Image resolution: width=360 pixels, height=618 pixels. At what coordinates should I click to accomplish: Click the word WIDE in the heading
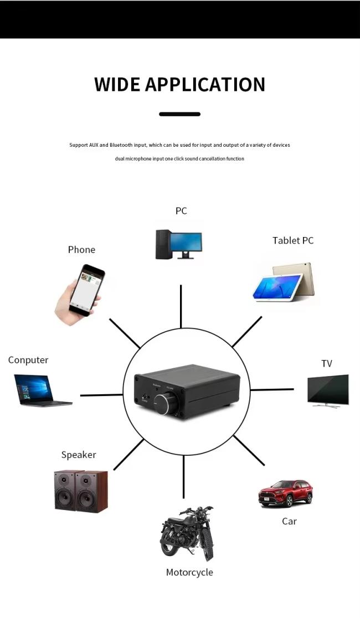pyautogui.click(x=117, y=85)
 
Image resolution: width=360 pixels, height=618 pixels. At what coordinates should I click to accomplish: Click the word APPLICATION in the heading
pyautogui.click(x=205, y=85)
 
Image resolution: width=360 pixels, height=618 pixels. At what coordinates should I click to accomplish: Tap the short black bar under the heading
pyautogui.click(x=179, y=114)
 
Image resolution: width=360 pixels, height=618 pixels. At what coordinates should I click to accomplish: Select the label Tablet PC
pyautogui.click(x=293, y=240)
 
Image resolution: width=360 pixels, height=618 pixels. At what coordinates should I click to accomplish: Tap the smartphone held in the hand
pyautogui.click(x=86, y=290)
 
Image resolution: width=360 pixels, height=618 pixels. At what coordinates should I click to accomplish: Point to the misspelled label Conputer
pyautogui.click(x=28, y=360)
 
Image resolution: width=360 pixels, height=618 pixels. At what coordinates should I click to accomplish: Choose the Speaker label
pyautogui.click(x=79, y=455)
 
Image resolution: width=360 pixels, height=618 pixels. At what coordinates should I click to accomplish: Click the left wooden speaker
pyautogui.click(x=69, y=490)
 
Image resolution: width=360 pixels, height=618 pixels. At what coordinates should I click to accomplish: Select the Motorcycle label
pyautogui.click(x=189, y=572)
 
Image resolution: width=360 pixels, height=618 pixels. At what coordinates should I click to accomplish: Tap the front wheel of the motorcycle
pyautogui.click(x=206, y=545)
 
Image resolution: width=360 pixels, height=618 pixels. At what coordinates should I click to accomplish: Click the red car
pyautogui.click(x=285, y=493)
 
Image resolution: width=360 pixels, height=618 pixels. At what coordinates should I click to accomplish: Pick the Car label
pyautogui.click(x=289, y=521)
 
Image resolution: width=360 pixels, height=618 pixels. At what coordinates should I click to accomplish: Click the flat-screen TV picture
pyautogui.click(x=328, y=390)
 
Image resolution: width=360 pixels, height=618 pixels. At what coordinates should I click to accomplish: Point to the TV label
pyautogui.click(x=327, y=364)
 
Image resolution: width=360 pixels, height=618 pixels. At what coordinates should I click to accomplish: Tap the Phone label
pyautogui.click(x=81, y=250)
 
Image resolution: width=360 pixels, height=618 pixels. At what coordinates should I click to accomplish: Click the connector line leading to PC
pyautogui.click(x=181, y=306)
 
